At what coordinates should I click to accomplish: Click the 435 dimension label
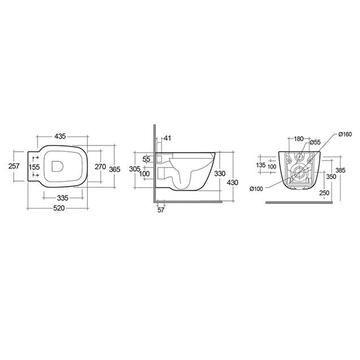point(60,136)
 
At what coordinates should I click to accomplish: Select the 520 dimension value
point(59,208)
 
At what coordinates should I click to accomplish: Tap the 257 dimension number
point(14,166)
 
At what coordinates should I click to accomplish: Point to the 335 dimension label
point(63,198)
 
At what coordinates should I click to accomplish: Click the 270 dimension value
point(100,166)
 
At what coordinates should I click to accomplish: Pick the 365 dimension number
point(114,169)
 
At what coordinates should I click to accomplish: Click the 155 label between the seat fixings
point(34,167)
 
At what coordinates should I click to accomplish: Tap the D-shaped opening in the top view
point(57,166)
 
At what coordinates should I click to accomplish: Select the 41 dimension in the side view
point(168,138)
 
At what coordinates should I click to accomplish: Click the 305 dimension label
point(135,169)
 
